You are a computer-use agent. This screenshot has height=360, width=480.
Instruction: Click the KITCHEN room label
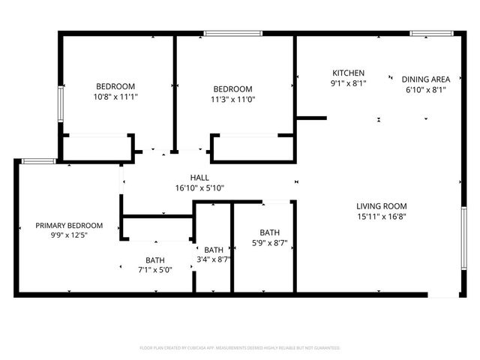(x=349, y=73)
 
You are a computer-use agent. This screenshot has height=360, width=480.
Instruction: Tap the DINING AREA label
(x=425, y=79)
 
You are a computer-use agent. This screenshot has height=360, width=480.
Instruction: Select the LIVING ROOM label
(x=381, y=206)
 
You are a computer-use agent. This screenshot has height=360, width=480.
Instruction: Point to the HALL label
(x=199, y=177)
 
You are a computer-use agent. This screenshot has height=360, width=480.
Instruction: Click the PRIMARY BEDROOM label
(x=69, y=225)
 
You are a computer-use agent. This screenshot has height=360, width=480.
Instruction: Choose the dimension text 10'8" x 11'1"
(x=115, y=97)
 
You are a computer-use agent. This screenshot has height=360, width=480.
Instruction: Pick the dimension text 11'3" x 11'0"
(x=232, y=98)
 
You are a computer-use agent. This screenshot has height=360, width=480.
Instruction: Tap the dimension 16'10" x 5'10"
(x=199, y=187)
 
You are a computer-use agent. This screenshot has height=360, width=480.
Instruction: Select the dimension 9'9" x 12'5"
(x=69, y=235)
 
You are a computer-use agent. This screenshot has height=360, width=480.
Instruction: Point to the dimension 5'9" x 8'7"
(x=269, y=242)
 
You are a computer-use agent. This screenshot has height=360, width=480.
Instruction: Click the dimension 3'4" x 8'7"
(x=214, y=259)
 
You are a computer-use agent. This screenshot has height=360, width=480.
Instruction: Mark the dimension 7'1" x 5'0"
(x=154, y=270)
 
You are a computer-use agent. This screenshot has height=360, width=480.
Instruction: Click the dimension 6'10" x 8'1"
(x=425, y=88)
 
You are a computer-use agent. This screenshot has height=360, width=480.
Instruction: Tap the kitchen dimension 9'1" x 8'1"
(x=349, y=83)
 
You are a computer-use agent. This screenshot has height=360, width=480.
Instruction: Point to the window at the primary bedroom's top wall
(x=36, y=160)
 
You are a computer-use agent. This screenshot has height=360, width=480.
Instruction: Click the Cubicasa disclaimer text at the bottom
(x=240, y=348)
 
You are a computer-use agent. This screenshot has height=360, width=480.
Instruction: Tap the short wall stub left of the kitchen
(x=312, y=117)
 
